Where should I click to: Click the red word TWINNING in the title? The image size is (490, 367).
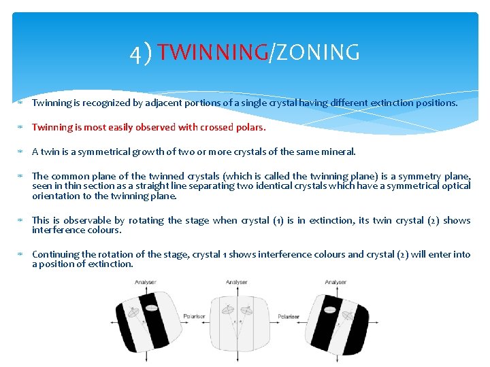point(213,52)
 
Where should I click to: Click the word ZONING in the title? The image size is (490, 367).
point(316,52)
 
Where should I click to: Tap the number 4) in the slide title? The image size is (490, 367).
point(142,53)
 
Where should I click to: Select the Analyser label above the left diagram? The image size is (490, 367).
point(145,282)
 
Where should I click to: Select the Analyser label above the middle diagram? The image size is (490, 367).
point(236,282)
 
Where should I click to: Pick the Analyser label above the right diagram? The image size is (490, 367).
point(336,282)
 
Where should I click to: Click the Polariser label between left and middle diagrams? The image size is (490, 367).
point(194,316)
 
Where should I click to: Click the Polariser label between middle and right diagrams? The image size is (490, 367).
point(288,316)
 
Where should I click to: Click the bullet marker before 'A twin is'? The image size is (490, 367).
point(21,152)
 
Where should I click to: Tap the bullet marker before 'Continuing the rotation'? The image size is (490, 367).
point(21,254)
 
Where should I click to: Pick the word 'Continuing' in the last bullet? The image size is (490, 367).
point(55,254)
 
